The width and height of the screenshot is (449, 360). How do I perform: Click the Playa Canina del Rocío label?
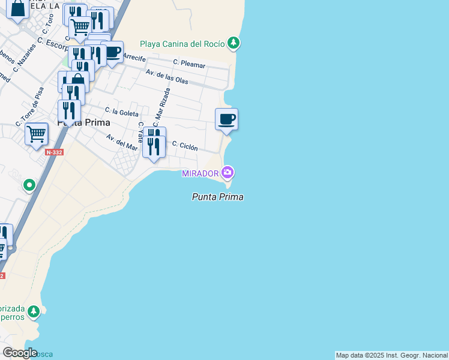(x=182, y=44)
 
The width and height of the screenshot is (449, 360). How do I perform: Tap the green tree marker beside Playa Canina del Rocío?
(x=234, y=43)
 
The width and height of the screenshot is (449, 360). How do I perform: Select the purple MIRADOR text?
(x=200, y=173)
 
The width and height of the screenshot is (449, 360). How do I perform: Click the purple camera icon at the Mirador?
(x=228, y=173)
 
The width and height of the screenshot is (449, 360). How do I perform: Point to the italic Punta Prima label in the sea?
(x=217, y=196)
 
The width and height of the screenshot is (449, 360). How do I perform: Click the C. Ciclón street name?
(x=185, y=146)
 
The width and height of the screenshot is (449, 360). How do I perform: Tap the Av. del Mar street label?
(x=122, y=142)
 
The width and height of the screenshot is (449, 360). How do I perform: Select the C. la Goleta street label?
(x=121, y=112)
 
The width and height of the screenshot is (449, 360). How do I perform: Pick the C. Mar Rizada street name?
(x=161, y=107)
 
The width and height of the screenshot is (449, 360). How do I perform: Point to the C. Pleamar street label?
(x=189, y=63)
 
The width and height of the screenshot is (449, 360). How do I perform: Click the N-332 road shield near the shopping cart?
(x=55, y=152)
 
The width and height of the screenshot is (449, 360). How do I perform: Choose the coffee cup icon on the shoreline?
(x=226, y=119)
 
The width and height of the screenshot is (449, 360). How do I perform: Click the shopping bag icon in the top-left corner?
(x=18, y=8)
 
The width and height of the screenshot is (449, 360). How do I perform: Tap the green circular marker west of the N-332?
(x=29, y=185)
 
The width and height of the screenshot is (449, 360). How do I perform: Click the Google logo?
(x=20, y=353)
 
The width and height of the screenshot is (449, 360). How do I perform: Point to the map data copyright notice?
(x=391, y=355)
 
